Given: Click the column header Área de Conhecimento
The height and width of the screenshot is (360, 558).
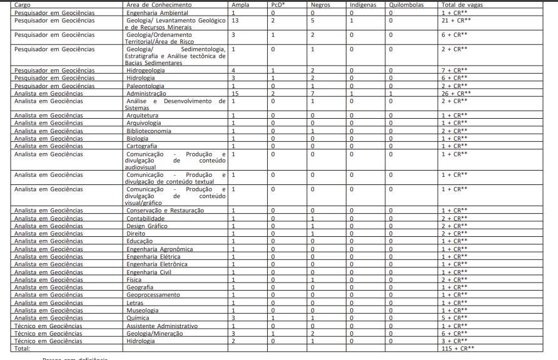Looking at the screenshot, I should (159, 4).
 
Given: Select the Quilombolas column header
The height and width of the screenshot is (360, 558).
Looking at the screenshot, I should (405, 4).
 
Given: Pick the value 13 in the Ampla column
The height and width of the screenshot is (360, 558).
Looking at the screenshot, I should (235, 20).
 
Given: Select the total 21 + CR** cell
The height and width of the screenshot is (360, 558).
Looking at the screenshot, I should (455, 20).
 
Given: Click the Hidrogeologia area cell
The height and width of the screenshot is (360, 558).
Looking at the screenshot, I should (145, 71).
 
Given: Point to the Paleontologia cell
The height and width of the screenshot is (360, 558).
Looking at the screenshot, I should (146, 86).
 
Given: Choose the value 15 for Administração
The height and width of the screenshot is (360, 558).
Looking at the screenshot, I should (235, 93).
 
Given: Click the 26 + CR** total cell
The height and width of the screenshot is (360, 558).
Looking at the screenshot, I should (455, 93).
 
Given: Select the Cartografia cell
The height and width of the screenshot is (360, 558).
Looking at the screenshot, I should (141, 146).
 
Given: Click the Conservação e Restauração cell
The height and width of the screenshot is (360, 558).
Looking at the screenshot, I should (165, 211).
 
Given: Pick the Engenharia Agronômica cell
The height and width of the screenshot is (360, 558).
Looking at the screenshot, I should (159, 249).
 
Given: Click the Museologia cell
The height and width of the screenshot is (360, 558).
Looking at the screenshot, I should (143, 310).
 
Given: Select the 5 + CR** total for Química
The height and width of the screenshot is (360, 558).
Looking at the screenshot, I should (454, 317).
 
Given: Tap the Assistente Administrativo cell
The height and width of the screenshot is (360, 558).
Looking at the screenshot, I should (162, 326).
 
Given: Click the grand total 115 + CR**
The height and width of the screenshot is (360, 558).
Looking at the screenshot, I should (457, 348).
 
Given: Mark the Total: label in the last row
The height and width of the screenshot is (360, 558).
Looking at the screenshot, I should (23, 348).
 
